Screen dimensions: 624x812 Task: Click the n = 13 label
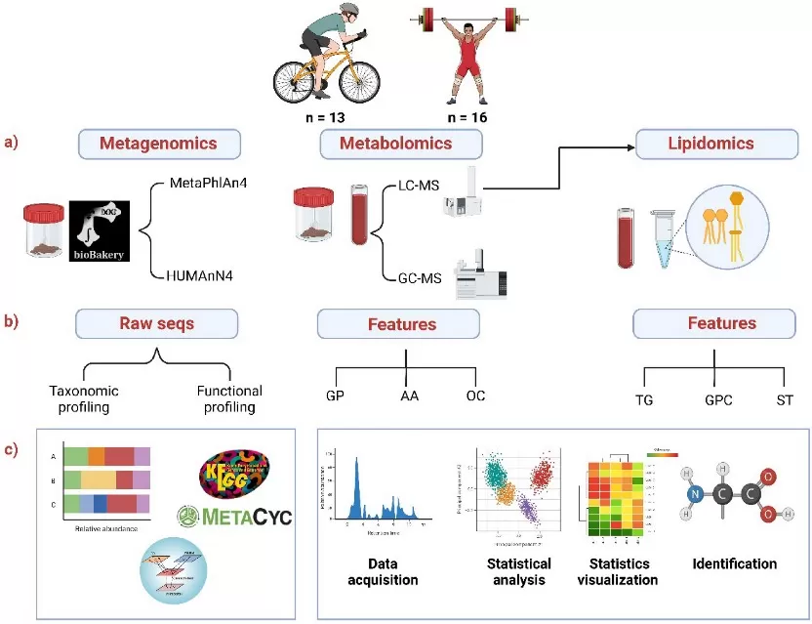(x=327, y=118)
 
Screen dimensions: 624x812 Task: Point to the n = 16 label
(x=465, y=118)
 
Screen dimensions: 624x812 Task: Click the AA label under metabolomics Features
(x=408, y=397)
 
